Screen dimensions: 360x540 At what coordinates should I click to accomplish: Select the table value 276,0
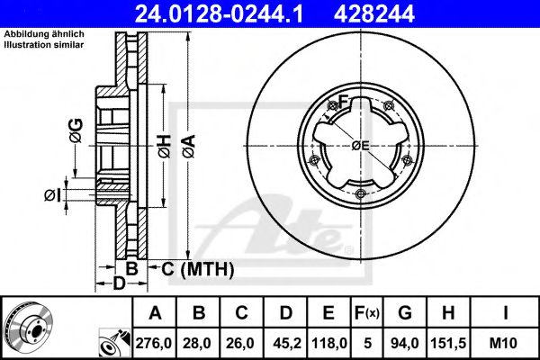click(x=154, y=342)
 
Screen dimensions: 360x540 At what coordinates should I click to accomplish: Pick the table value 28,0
click(x=198, y=342)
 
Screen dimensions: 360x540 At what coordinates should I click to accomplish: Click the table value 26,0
click(x=242, y=342)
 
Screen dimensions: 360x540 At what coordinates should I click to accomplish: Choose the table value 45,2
click(x=286, y=342)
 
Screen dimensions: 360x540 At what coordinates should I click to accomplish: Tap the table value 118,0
click(x=330, y=342)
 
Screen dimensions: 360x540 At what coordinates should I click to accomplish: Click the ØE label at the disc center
click(x=361, y=145)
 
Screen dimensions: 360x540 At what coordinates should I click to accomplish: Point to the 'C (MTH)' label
click(x=198, y=268)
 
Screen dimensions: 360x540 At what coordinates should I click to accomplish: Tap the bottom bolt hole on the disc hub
click(x=360, y=195)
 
